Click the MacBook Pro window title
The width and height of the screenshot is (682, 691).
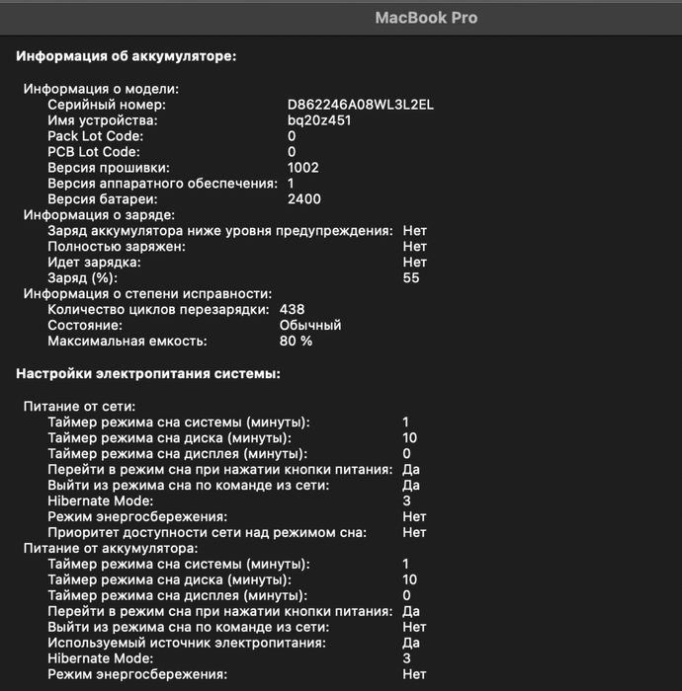click(426, 18)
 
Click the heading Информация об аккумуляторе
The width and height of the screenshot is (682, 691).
click(127, 56)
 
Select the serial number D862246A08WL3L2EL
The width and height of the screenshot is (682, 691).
click(361, 104)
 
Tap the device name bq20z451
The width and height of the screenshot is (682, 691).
click(319, 119)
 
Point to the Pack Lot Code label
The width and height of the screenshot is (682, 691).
click(95, 135)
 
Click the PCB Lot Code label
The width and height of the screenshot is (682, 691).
click(94, 151)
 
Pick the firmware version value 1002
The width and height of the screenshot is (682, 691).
click(302, 167)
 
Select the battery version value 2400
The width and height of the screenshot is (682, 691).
click(303, 198)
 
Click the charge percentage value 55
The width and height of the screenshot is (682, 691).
click(411, 277)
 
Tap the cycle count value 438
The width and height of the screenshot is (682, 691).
click(292, 309)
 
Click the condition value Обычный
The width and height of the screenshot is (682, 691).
click(310, 325)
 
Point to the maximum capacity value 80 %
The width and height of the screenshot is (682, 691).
click(296, 341)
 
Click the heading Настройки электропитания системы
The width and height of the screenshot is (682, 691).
click(148, 373)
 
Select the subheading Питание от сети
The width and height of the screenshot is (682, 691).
click(80, 406)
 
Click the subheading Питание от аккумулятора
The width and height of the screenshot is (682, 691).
click(111, 548)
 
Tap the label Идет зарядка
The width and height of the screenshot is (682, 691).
click(94, 262)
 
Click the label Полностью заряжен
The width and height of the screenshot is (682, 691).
click(116, 246)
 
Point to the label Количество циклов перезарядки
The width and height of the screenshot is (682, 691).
click(157, 309)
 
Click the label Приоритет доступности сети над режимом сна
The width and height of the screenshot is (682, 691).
click(207, 532)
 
